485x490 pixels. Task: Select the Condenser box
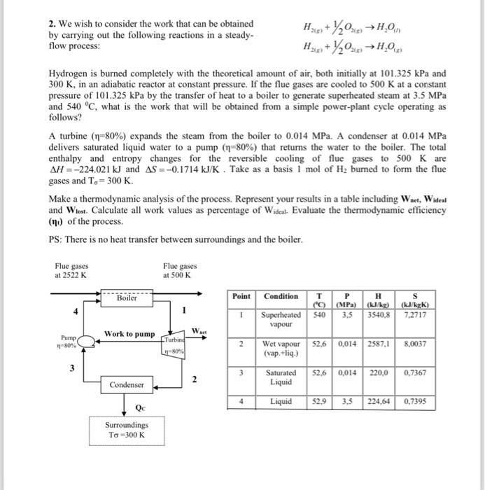coord(127,384)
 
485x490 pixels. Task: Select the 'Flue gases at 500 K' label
coord(180,270)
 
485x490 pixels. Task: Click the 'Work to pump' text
coord(129,334)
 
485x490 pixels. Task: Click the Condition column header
coord(281,296)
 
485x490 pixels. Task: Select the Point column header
coord(241,296)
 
